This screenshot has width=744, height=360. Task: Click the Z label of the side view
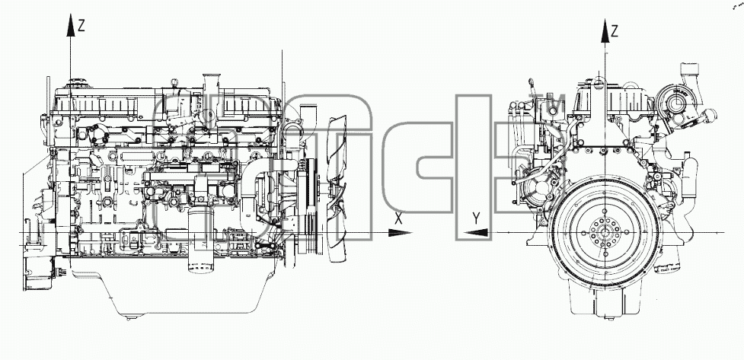(81, 26)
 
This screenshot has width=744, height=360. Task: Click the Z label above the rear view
(615, 32)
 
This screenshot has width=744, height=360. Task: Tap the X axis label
(398, 218)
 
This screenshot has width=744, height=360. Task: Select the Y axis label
(477, 218)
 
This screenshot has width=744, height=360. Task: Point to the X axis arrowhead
(400, 233)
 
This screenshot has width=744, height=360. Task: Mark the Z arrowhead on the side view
(70, 25)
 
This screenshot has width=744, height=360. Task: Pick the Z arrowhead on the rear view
(605, 31)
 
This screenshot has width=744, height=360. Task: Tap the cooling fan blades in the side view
(338, 189)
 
